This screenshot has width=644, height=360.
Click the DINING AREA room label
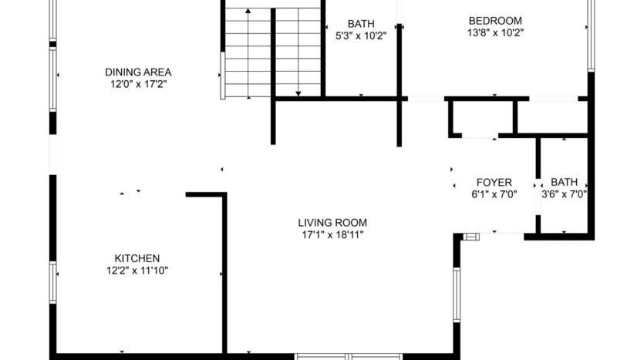click(138, 72)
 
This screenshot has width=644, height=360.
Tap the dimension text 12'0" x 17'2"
click(138, 84)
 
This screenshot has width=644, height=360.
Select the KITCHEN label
click(137, 258)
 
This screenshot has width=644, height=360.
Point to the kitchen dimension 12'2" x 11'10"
click(137, 270)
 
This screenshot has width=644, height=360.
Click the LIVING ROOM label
click(331, 223)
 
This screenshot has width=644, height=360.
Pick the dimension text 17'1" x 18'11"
click(331, 234)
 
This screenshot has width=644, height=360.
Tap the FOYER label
click(494, 183)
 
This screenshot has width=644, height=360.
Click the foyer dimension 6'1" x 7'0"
click(494, 194)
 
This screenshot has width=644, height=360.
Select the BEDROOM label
click(495, 21)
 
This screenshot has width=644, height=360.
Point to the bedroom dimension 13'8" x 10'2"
click(495, 33)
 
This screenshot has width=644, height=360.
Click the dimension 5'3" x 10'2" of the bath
click(360, 35)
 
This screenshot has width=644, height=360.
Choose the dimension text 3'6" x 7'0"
click(564, 194)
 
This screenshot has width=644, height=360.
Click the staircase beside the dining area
click(272, 50)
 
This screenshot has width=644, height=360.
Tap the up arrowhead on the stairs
click(248, 12)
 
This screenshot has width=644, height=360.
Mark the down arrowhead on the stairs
click(298, 93)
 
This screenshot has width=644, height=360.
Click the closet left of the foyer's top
click(481, 117)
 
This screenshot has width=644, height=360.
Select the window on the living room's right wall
click(456, 293)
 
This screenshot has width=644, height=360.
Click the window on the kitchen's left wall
click(53, 284)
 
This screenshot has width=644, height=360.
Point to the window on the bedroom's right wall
click(590, 35)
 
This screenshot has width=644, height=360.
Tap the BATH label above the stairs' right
click(360, 23)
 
